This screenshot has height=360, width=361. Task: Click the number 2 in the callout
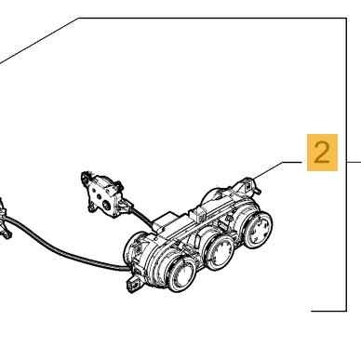321,153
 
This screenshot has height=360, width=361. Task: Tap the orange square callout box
322,153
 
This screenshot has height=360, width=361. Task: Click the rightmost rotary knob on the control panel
257,229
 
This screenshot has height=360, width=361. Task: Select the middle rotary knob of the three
220,252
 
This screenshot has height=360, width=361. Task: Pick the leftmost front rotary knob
182,273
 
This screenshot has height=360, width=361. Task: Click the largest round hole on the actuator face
106,205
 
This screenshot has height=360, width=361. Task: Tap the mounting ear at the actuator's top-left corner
86,179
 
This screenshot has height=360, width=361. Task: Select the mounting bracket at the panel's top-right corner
248,185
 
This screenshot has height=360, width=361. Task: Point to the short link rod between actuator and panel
142,216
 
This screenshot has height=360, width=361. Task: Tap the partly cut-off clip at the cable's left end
4,219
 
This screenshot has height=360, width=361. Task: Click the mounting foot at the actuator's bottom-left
91,207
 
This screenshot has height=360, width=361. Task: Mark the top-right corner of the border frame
346,19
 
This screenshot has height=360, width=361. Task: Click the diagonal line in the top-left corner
39,41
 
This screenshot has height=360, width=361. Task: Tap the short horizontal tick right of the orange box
354,162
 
